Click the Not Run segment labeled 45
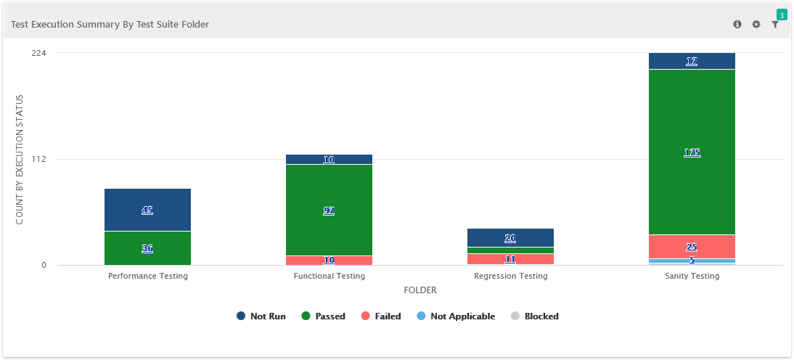(x=147, y=210)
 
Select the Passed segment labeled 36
(x=147, y=248)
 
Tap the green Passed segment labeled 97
(x=329, y=210)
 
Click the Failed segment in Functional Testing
(x=329, y=260)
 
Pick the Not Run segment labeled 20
(x=510, y=238)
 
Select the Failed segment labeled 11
(x=510, y=259)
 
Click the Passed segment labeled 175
(x=692, y=152)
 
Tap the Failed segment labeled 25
(x=692, y=247)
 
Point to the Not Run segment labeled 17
(x=692, y=61)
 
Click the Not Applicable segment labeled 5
(x=692, y=261)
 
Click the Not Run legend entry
(x=261, y=316)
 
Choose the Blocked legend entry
(x=535, y=316)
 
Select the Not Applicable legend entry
(x=456, y=316)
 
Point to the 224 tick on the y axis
(x=39, y=53)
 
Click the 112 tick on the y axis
(x=39, y=159)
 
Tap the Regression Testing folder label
(x=510, y=277)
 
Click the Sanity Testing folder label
(x=692, y=277)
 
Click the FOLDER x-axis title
(x=419, y=290)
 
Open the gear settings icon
(x=756, y=25)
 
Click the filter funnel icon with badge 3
(x=775, y=25)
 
